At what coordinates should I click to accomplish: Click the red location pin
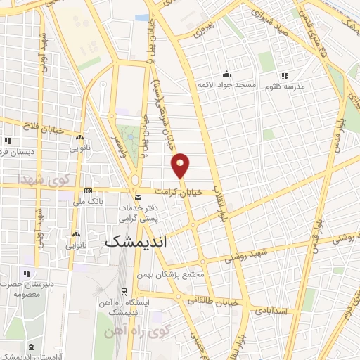pyautogui.click(x=181, y=165)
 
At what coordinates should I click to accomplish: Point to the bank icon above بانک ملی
pyautogui.click(x=88, y=191)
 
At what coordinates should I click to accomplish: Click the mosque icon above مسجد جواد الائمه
pyautogui.click(x=226, y=75)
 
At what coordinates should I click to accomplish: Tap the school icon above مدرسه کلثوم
pyautogui.click(x=284, y=75)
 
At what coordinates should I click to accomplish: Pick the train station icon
pyautogui.click(x=124, y=291)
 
